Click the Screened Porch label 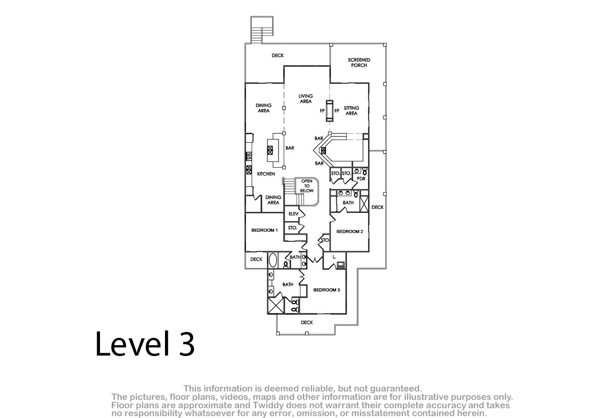click(x=359, y=62)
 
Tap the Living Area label click(x=305, y=98)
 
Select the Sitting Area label click(x=352, y=111)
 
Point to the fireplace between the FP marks click(x=329, y=111)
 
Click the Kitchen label click(x=266, y=174)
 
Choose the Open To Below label click(x=306, y=186)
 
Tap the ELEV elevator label click(x=294, y=213)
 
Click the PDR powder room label click(x=361, y=179)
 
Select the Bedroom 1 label click(x=264, y=230)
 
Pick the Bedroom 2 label click(x=350, y=232)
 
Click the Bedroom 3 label click(x=327, y=290)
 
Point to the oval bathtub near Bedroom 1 click(x=273, y=260)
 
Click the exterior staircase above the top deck click(x=262, y=30)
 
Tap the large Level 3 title click(x=145, y=344)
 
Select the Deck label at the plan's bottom click(x=307, y=323)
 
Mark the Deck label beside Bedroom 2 click(x=378, y=208)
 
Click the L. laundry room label click(x=334, y=257)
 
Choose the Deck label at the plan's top click(x=278, y=55)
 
